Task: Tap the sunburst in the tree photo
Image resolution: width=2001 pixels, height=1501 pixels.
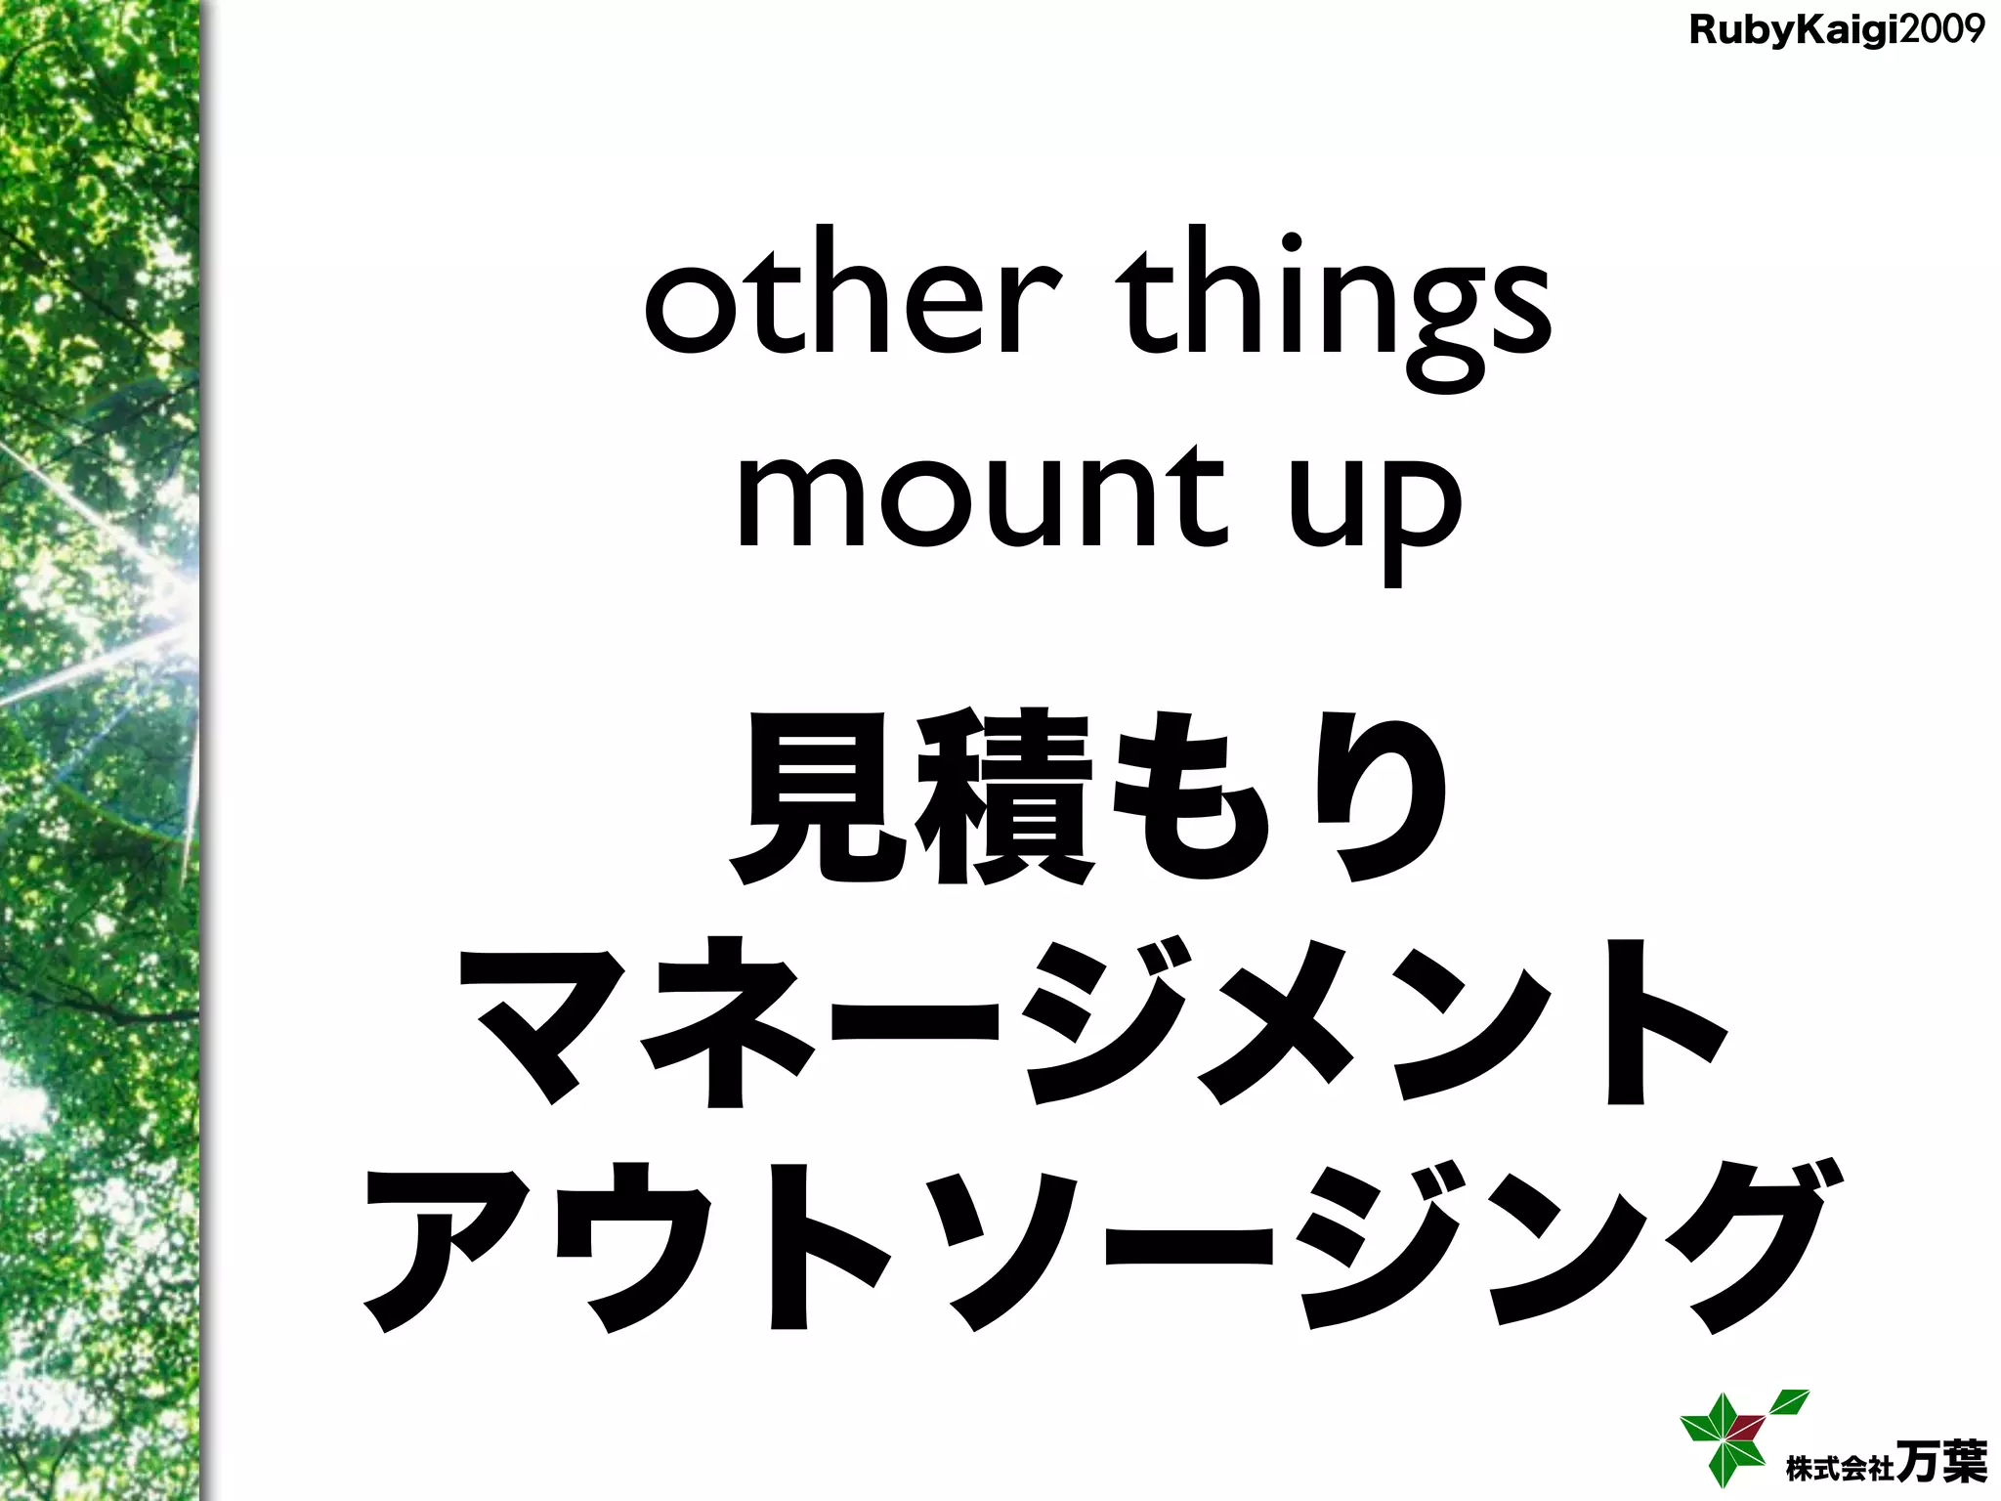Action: point(166,625)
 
